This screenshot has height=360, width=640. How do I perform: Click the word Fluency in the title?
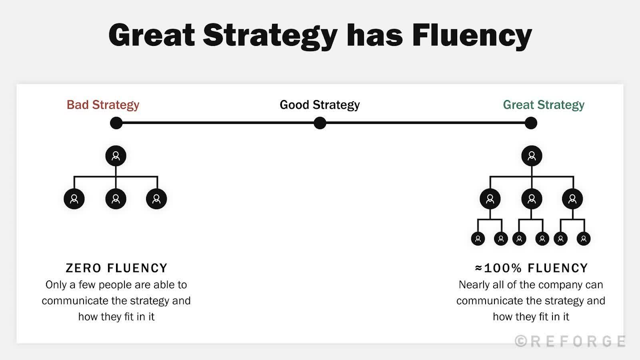click(472, 35)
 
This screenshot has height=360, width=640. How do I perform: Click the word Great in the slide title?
click(151, 35)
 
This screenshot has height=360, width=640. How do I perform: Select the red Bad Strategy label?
click(103, 105)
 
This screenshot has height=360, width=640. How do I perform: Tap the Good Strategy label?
click(320, 105)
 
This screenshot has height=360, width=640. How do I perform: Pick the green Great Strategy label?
click(544, 105)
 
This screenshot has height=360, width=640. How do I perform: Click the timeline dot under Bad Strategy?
click(116, 123)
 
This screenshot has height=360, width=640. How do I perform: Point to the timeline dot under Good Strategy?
click(320, 123)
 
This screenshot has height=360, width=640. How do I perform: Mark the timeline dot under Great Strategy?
click(531, 123)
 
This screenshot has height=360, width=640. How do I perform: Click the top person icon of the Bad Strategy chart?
click(116, 156)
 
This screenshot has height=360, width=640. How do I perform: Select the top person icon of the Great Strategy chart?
click(532, 156)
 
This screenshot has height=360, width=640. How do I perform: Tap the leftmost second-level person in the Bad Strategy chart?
click(74, 199)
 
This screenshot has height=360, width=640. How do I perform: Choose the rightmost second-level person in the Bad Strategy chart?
click(156, 199)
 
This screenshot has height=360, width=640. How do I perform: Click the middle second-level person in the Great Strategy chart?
click(532, 199)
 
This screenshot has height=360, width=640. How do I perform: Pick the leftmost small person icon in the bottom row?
click(478, 239)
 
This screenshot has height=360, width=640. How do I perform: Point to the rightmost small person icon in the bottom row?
click(584, 239)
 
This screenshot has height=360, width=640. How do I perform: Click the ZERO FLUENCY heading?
click(116, 268)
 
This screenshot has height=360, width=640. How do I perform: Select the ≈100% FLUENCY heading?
click(532, 268)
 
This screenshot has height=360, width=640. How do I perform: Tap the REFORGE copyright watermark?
click(570, 341)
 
